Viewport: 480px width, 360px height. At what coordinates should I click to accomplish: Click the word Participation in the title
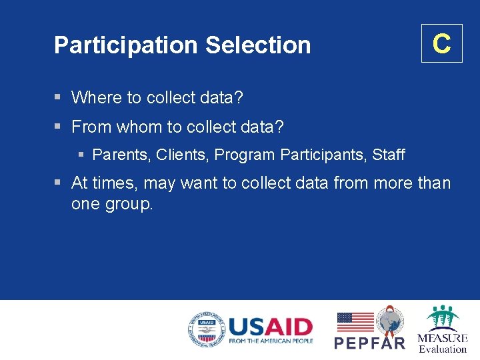coord(126,45)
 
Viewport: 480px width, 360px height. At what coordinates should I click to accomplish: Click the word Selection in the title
coord(258,45)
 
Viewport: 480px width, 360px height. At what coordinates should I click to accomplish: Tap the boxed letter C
coord(441,43)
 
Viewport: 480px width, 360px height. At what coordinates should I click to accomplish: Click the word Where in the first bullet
coord(97,98)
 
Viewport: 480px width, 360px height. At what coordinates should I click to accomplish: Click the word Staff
coord(389,155)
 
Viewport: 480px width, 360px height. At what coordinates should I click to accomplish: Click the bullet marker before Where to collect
coord(59,98)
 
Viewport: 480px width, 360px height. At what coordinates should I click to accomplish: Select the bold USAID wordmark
coord(270,327)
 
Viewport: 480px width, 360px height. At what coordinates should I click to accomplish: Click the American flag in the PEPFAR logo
coord(355,322)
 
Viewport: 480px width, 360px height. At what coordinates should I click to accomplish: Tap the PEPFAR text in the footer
coord(369,343)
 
